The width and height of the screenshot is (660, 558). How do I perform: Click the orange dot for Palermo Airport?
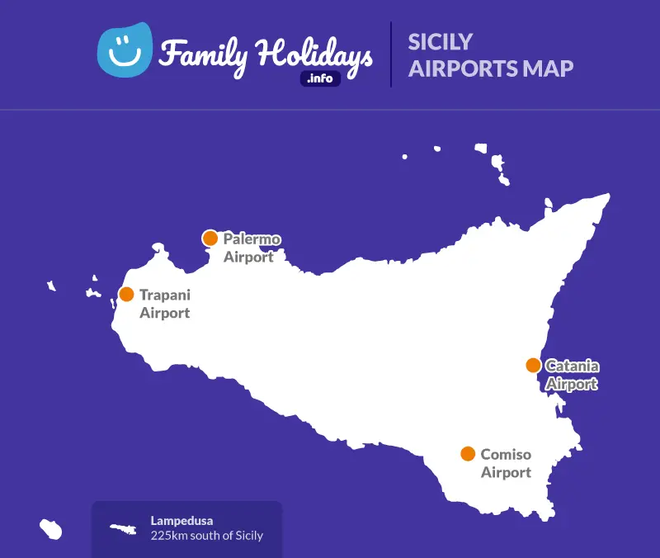pos(210,239)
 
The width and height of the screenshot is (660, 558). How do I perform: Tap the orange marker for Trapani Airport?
pos(126,294)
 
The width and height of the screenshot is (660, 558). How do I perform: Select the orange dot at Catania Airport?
pos(533,365)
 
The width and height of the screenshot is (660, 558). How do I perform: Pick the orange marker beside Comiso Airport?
pos(468,453)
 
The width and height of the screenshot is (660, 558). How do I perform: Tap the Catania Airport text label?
pos(572,374)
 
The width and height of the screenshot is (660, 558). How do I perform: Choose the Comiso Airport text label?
pos(506,463)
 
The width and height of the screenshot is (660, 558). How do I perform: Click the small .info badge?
pos(320,79)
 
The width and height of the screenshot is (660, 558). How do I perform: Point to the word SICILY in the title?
pos(441,41)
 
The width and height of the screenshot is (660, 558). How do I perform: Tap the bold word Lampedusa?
pos(181,521)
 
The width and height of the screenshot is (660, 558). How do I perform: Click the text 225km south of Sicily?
pos(206,536)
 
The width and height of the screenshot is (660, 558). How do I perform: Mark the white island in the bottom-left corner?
pos(51,529)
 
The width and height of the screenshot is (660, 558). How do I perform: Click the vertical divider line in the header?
pos(390,54)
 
